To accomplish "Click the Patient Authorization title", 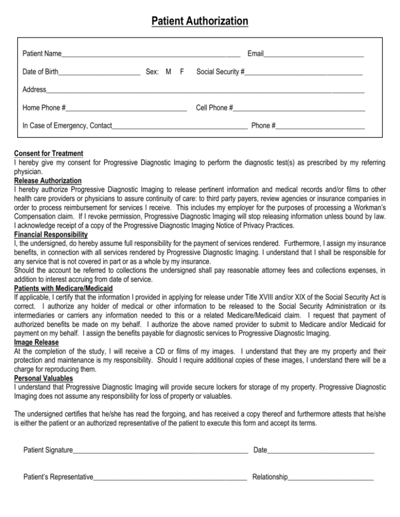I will point(200,21).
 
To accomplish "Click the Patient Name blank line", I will point(151,54).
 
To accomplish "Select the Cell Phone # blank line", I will point(299,109).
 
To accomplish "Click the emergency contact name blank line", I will point(180,126).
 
